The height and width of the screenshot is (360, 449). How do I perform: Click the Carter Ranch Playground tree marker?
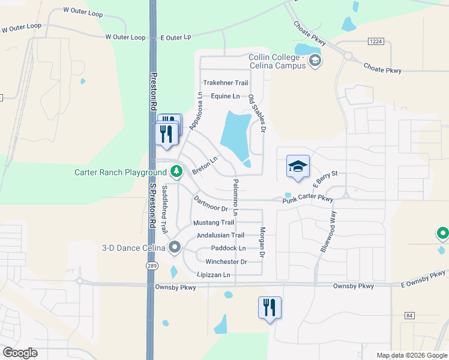click(176, 172)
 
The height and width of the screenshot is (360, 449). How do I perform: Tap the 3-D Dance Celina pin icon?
click(175, 247)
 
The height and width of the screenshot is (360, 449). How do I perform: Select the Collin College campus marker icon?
click(316, 61)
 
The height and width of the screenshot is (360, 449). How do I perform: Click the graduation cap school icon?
click(298, 167)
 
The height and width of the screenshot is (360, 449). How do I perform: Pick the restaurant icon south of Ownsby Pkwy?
click(270, 308)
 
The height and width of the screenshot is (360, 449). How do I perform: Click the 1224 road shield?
click(376, 41)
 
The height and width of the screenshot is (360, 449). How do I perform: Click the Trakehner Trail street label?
click(225, 83)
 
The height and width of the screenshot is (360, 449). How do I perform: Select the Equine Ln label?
click(225, 96)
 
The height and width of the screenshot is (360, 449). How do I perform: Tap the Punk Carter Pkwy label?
click(308, 199)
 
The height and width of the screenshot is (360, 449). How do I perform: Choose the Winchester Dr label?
click(226, 262)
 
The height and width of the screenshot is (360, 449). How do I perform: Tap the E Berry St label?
click(325, 177)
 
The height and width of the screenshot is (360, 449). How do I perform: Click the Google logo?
click(20, 353)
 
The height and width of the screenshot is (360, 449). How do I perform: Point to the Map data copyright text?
click(411, 355)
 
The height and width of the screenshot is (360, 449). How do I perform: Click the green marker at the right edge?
click(442, 233)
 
